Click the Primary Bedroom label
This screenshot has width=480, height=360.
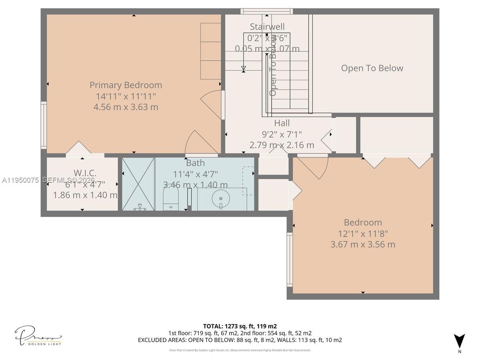pos(126,85)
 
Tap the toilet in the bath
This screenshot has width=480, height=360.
pos(171,198)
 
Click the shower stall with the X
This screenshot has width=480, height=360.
pos(138,184)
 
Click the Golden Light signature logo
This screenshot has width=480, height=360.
pos(38,336)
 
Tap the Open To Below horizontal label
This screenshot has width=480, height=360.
pos(372,68)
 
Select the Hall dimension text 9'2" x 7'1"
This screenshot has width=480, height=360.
pos(282,134)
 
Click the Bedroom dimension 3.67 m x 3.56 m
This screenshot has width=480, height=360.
pos(362,244)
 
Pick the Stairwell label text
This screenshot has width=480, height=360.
pos(267,27)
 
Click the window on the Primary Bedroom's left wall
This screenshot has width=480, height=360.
pos(44,126)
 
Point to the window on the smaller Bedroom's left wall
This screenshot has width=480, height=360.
pos(290,260)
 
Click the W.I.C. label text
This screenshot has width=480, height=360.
pos(85,173)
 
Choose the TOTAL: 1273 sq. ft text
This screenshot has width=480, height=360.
pos(240,326)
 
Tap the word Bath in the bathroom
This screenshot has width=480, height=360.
pos(195,163)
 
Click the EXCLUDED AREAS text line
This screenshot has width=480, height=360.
pos(240,340)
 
